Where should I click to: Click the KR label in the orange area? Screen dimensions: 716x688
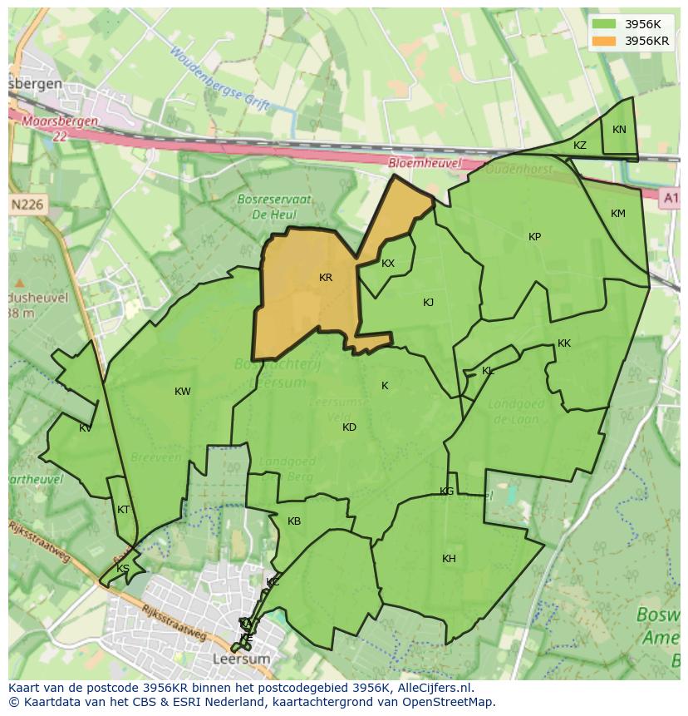(326, 278)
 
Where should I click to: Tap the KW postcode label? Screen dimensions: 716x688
(183, 392)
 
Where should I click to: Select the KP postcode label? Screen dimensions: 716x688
(534, 237)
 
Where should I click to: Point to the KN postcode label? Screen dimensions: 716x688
(619, 130)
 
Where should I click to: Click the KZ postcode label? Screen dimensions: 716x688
(580, 146)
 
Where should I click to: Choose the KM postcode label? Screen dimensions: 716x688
(618, 214)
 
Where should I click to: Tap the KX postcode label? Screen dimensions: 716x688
(388, 264)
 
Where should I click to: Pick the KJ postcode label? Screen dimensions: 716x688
(428, 303)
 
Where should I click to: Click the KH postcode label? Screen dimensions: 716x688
(449, 559)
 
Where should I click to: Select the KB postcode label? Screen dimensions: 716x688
(294, 521)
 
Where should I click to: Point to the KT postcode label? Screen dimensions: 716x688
(124, 510)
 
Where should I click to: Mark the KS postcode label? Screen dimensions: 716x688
(123, 569)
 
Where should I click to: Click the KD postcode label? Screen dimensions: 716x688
(349, 427)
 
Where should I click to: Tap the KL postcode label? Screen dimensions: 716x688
(488, 371)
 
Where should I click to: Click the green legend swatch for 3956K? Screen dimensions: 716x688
(604, 24)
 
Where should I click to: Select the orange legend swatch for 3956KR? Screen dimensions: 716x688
(604, 41)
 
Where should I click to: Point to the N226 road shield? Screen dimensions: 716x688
(28, 204)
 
